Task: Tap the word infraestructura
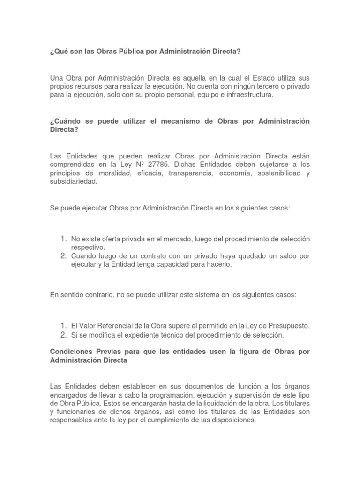[x=249, y=95]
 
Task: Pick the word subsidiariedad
[x=73, y=182]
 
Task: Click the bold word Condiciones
[x=70, y=352]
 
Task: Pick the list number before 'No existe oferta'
[x=63, y=239]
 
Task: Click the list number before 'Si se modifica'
[x=63, y=335]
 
